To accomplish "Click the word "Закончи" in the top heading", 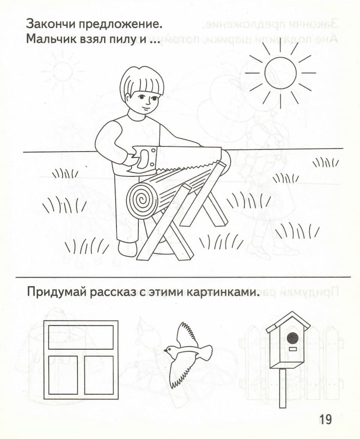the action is click(x=50, y=24).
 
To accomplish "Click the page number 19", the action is click(x=325, y=419).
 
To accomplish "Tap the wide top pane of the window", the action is click(x=81, y=337).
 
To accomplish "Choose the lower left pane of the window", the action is click(x=63, y=375).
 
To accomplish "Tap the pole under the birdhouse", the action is click(x=283, y=388).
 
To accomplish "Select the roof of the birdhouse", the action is click(x=288, y=322).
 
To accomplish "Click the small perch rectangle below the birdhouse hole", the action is click(x=293, y=349).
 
